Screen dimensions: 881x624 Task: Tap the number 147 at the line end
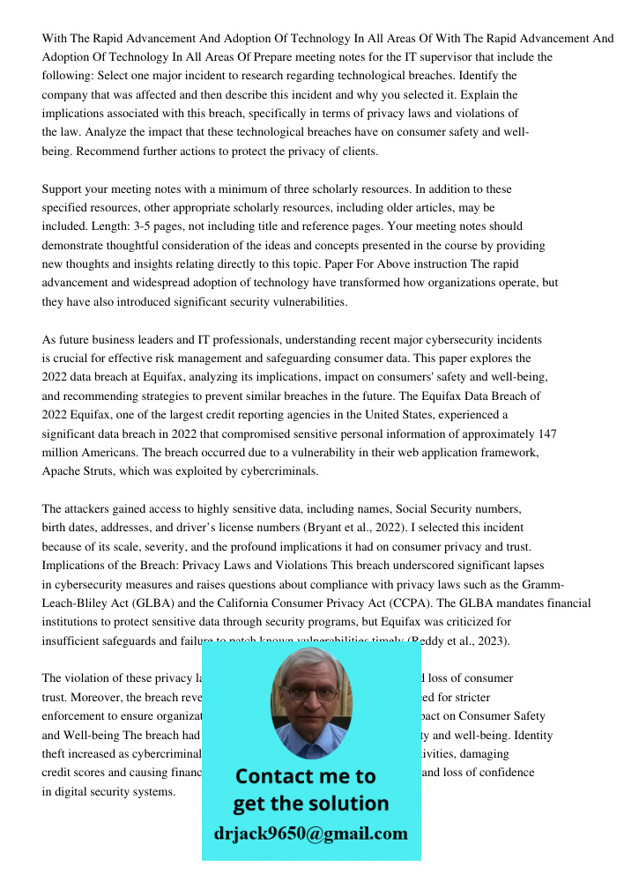546,433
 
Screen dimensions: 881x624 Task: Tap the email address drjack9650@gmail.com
310,833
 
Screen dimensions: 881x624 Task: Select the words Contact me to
306,776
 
